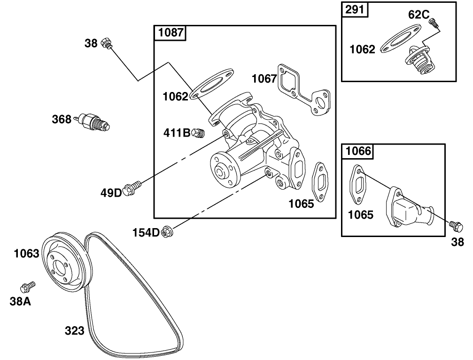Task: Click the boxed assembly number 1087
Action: pyautogui.click(x=171, y=33)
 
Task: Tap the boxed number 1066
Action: pyautogui.click(x=358, y=151)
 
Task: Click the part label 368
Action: pyautogui.click(x=62, y=119)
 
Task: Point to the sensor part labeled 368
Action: pyautogui.click(x=94, y=122)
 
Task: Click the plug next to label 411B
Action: pyautogui.click(x=198, y=133)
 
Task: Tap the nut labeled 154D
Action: pyautogui.click(x=165, y=231)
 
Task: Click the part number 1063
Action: pyautogui.click(x=26, y=254)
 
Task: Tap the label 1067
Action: pyautogui.click(x=264, y=78)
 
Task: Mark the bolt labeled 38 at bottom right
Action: pyautogui.click(x=455, y=226)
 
